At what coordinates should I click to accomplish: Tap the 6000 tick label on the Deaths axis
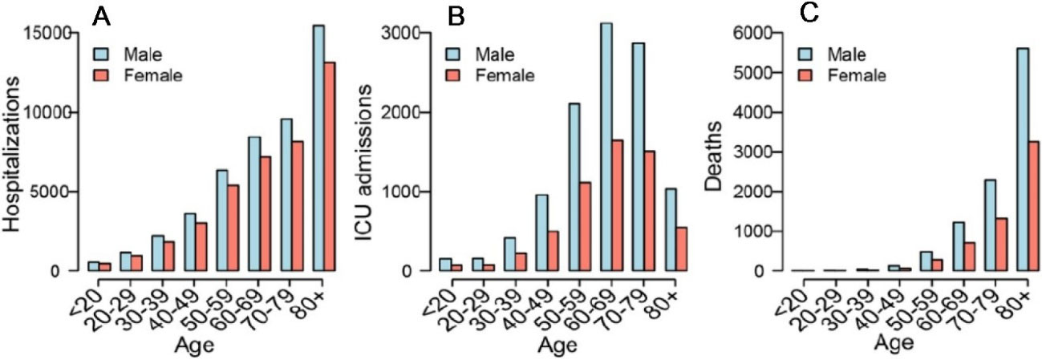pos(756,34)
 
